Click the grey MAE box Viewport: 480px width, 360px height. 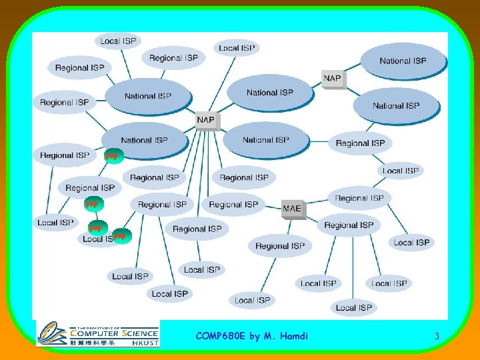[x=292, y=209]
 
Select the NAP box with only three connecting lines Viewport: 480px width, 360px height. [x=332, y=79]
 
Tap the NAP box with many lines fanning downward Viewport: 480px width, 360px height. [x=206, y=120]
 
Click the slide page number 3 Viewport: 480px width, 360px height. [x=437, y=337]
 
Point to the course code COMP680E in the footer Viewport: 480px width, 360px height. [x=220, y=336]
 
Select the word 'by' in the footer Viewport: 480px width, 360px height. [x=255, y=336]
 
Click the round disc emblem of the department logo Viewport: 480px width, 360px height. [x=51, y=333]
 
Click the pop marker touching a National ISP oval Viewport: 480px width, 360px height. [x=112, y=156]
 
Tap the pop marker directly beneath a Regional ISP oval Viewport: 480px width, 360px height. [x=92, y=203]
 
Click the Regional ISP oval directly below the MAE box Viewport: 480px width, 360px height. [x=280, y=246]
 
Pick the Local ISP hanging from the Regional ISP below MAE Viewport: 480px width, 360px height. [x=253, y=300]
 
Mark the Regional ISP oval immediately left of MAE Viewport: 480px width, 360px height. [x=235, y=205]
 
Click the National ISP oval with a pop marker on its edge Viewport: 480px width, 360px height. [x=145, y=140]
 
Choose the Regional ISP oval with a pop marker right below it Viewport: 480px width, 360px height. [x=90, y=187]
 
